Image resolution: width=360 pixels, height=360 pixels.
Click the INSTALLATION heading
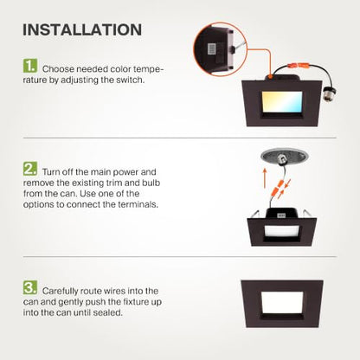click(x=82, y=29)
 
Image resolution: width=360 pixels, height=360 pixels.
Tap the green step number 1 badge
click(x=30, y=66)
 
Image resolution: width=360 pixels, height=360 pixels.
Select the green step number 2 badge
click(x=30, y=169)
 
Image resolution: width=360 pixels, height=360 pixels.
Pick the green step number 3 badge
click(x=30, y=287)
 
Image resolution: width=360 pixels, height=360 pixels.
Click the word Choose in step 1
click(x=58, y=69)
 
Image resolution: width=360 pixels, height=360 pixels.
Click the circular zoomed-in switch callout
click(x=221, y=49)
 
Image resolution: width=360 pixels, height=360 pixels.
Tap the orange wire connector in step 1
click(x=299, y=64)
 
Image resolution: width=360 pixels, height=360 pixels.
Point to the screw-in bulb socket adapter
click(x=330, y=93)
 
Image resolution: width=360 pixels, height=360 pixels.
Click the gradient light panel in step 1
click(x=282, y=102)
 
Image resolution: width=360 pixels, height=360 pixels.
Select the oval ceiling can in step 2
click(x=285, y=157)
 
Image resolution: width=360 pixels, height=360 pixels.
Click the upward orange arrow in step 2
click(x=266, y=178)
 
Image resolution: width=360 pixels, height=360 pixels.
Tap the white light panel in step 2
click(x=282, y=231)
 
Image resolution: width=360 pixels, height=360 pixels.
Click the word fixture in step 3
click(x=137, y=302)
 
